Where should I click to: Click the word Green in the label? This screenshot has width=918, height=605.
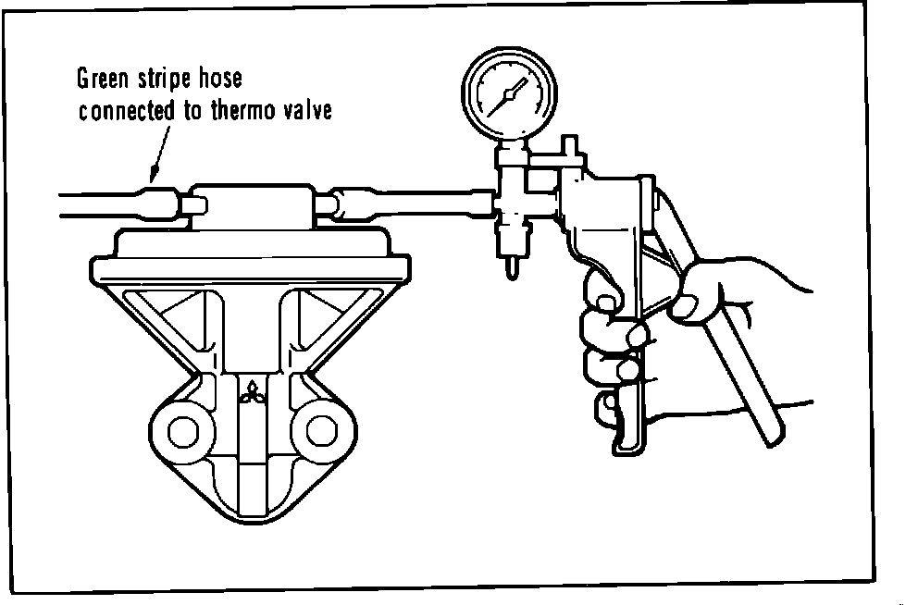tap(104, 78)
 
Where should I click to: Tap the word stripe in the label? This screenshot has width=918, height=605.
tap(167, 79)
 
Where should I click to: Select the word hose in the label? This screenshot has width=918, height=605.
tap(223, 78)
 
